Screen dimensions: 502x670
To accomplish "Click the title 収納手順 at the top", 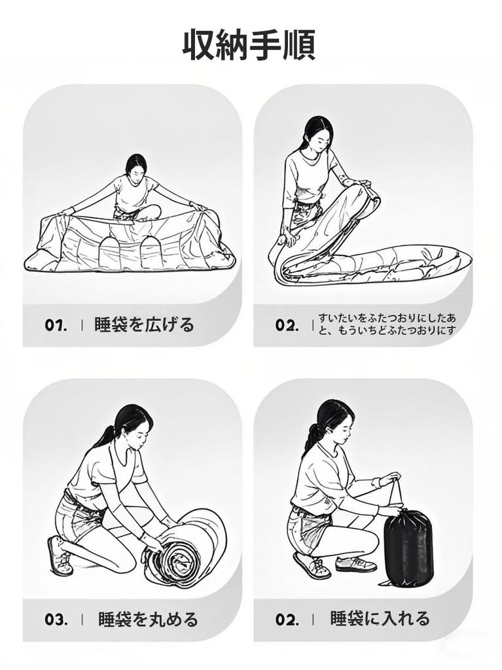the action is tap(249, 45).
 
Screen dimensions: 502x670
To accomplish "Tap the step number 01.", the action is tap(56, 325).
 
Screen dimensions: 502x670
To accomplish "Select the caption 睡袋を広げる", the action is tap(144, 325).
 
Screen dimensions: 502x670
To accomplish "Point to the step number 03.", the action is tap(56, 619).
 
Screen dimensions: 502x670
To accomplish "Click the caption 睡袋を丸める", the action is tap(149, 619).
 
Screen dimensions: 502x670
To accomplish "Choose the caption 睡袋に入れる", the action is tap(380, 618).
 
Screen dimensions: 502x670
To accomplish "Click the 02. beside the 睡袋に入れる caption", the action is tap(287, 619).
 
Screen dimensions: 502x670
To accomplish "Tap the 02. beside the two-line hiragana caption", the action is tap(287, 325).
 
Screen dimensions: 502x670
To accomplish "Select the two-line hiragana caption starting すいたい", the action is tap(387, 324).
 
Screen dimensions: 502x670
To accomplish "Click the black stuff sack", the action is tap(409, 548).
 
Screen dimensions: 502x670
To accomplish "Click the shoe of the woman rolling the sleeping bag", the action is tap(60, 555).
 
